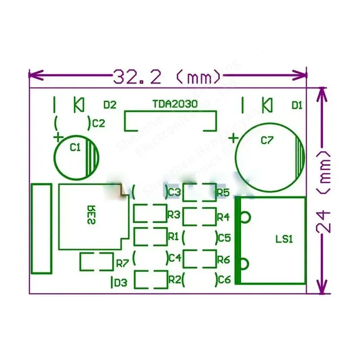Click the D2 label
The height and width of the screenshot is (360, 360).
[110, 105]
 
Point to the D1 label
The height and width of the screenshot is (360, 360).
[297, 105]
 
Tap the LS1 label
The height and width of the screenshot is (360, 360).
[284, 239]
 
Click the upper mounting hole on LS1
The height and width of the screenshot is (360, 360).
[244, 217]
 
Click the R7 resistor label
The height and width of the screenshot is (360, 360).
[122, 262]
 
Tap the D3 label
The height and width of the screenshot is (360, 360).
[121, 283]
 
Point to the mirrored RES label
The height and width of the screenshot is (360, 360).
[90, 215]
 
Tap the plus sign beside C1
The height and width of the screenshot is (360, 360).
[57, 136]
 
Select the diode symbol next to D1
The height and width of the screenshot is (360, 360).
[267, 105]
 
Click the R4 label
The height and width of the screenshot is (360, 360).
[223, 217]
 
